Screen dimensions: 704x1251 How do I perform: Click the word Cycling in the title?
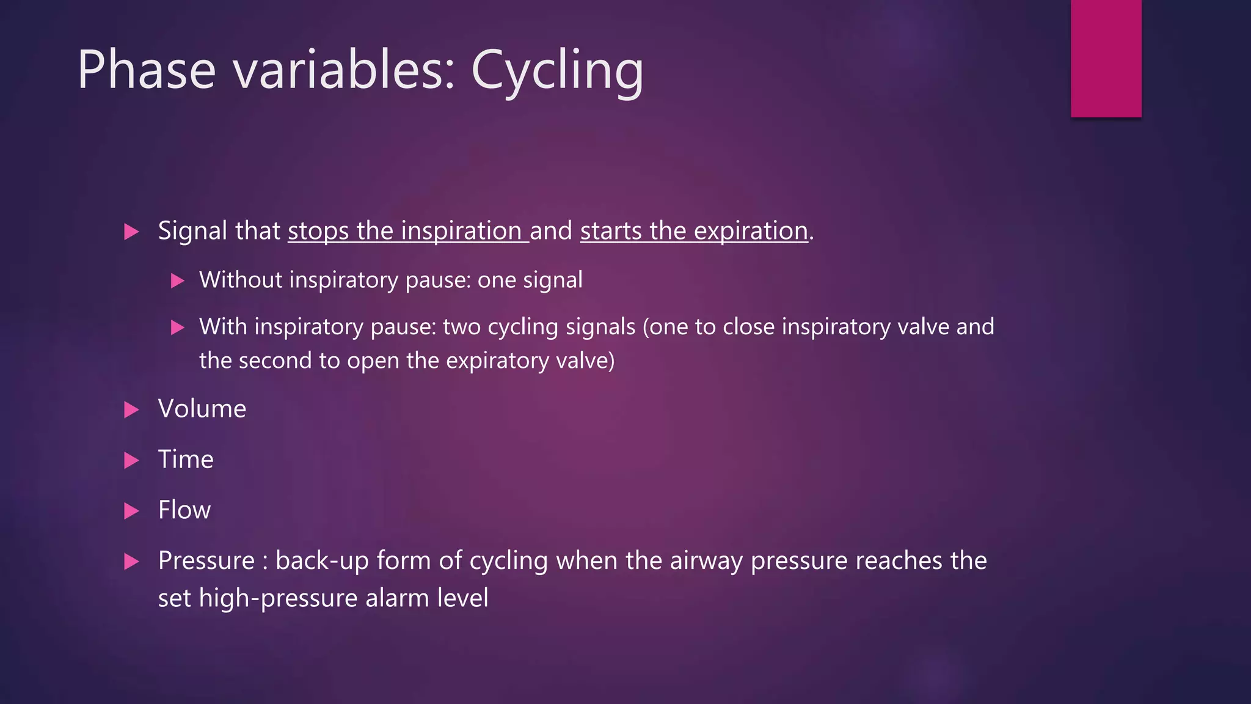tap(557, 71)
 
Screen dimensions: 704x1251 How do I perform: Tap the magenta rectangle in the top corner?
tap(1106, 58)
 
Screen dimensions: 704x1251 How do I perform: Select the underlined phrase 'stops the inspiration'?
tap(407, 231)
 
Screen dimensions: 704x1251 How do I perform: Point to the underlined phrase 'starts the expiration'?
tap(694, 231)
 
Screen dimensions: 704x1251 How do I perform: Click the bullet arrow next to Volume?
tap(131, 409)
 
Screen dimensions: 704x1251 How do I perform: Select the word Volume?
tap(202, 409)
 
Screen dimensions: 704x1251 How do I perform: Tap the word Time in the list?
tap(186, 460)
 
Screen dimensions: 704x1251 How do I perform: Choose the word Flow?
tap(184, 510)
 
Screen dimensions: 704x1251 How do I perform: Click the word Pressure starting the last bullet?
tap(206, 561)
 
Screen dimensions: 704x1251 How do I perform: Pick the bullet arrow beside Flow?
tap(131, 511)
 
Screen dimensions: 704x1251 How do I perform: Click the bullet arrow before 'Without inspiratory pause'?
tap(177, 281)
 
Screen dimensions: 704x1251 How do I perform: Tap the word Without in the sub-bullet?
tap(240, 280)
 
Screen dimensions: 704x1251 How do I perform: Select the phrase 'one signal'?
tap(530, 280)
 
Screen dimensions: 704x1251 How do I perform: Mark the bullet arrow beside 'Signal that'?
tap(131, 232)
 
